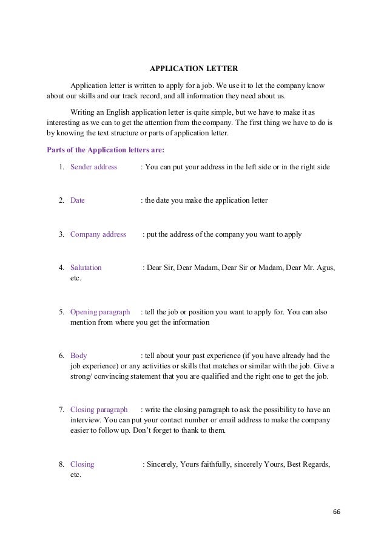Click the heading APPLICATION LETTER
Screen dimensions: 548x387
193,67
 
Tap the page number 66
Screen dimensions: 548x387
337,512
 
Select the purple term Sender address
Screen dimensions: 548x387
93,166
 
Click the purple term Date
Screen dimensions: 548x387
78,200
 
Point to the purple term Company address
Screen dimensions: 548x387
98,234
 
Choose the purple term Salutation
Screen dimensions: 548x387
86,268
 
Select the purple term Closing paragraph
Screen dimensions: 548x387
99,410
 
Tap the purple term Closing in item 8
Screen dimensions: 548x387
82,464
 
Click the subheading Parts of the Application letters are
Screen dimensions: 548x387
105,149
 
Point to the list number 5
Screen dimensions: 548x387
62,312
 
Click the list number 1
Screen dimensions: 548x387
62,166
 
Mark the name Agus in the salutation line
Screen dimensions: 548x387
323,268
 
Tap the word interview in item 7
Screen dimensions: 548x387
86,421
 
